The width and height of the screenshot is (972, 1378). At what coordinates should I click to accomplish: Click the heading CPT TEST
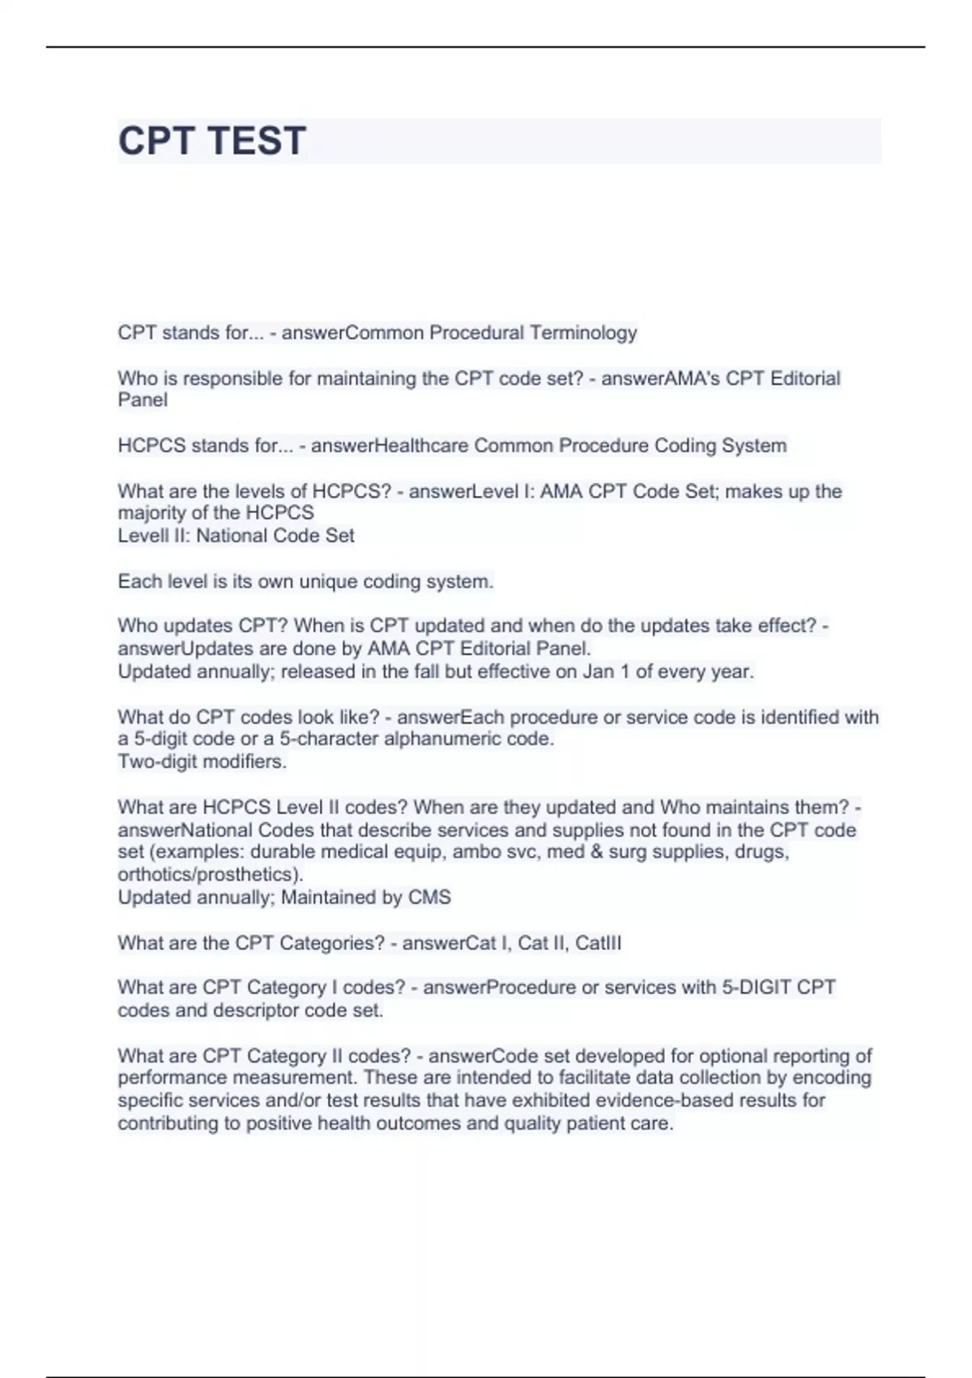pos(212,140)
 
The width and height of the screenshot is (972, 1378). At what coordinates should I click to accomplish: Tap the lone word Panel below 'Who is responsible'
pos(143,400)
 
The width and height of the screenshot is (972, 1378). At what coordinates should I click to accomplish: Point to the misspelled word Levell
pos(143,535)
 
